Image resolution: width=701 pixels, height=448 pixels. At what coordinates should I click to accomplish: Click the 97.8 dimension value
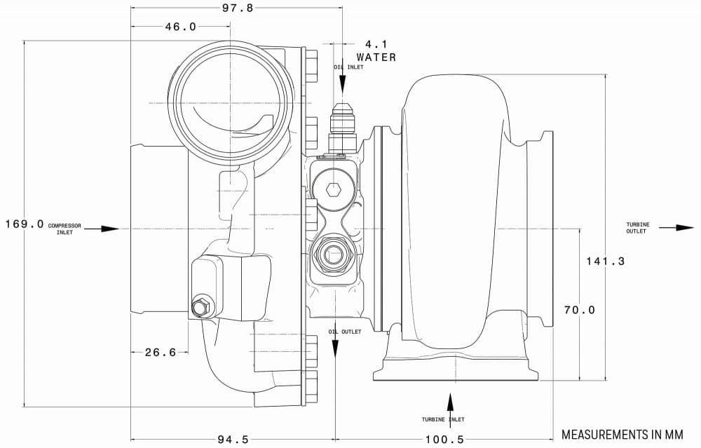tap(238, 8)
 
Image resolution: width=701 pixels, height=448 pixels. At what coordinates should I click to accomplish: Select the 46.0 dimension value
tap(181, 27)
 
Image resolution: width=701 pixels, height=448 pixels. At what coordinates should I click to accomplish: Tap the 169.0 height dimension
tap(25, 224)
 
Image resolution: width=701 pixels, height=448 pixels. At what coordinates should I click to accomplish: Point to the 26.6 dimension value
tap(161, 353)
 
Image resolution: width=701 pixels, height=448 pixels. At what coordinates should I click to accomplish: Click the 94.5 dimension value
tap(233, 439)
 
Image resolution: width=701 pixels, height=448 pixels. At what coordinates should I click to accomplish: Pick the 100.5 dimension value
tap(444, 439)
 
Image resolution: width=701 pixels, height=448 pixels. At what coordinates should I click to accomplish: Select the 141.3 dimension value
tap(606, 261)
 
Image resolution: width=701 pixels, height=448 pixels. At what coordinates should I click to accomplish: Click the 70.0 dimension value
tap(580, 310)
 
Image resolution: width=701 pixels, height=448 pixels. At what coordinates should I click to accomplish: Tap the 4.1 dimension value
tap(376, 44)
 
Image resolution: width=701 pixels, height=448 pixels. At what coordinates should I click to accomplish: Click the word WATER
tap(376, 57)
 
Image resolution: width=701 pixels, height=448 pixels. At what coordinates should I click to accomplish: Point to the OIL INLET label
tap(348, 67)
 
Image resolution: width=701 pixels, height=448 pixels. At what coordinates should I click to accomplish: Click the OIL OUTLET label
tap(345, 332)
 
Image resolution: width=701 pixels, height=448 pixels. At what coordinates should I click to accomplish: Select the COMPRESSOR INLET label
tap(64, 229)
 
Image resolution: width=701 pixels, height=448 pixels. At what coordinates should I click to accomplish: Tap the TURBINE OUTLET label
tap(637, 228)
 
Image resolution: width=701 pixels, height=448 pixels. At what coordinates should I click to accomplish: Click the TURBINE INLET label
tap(443, 419)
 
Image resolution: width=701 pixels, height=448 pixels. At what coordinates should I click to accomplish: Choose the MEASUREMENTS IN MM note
tap(622, 435)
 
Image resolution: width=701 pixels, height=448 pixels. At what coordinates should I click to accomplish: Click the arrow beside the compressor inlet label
tap(102, 229)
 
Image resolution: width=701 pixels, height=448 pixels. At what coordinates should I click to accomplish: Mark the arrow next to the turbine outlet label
tap(676, 228)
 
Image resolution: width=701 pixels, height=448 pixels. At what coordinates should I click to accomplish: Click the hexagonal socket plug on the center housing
tap(334, 190)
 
